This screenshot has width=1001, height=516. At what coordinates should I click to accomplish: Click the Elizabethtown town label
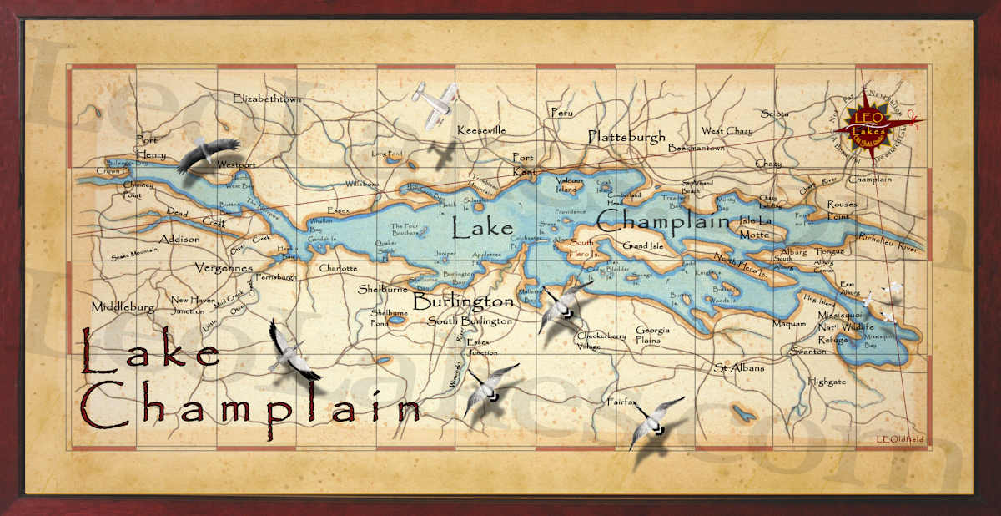point(267,99)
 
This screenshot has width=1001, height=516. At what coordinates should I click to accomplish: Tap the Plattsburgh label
point(626,137)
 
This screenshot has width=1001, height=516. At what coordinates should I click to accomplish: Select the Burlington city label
point(463,301)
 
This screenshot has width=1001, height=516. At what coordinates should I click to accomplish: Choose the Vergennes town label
point(224,269)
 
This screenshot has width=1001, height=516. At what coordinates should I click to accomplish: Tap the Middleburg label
point(123,306)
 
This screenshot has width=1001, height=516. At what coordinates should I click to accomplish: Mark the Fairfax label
point(621,402)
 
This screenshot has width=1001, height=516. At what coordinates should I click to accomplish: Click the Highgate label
point(826,382)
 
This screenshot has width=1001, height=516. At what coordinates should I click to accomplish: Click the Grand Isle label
point(647,246)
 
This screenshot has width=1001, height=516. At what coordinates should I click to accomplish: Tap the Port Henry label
point(151,147)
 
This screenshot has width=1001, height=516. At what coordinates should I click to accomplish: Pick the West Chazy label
point(727,131)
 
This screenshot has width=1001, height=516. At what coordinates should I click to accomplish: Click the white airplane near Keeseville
point(435,104)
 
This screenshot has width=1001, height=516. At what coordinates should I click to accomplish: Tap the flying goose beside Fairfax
point(654,422)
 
